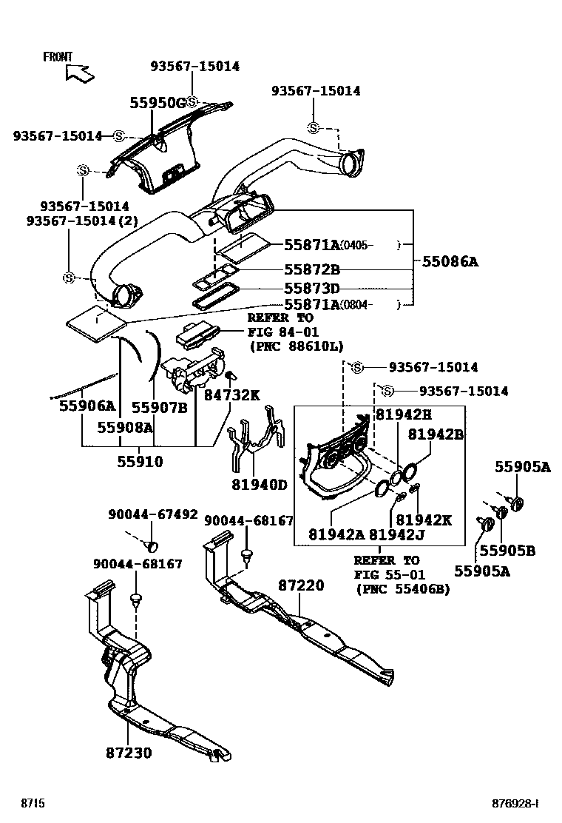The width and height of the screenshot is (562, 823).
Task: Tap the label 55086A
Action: tap(450, 261)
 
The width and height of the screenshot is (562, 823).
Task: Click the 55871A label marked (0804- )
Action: tap(311, 304)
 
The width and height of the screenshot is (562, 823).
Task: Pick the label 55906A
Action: tap(87, 406)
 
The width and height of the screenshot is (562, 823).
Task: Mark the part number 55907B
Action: tap(159, 406)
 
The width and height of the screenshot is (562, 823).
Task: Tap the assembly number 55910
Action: tap(140, 462)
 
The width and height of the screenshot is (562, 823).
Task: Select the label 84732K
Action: tap(231, 396)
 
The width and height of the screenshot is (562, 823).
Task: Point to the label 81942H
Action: tap(403, 415)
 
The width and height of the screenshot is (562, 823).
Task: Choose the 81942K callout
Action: tap(423, 520)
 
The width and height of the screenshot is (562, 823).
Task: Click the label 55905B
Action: tap(507, 551)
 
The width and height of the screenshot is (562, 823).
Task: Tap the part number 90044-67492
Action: tap(152, 514)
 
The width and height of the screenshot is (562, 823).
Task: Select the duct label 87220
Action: tap(301, 585)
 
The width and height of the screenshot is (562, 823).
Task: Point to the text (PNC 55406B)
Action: tap(402, 589)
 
